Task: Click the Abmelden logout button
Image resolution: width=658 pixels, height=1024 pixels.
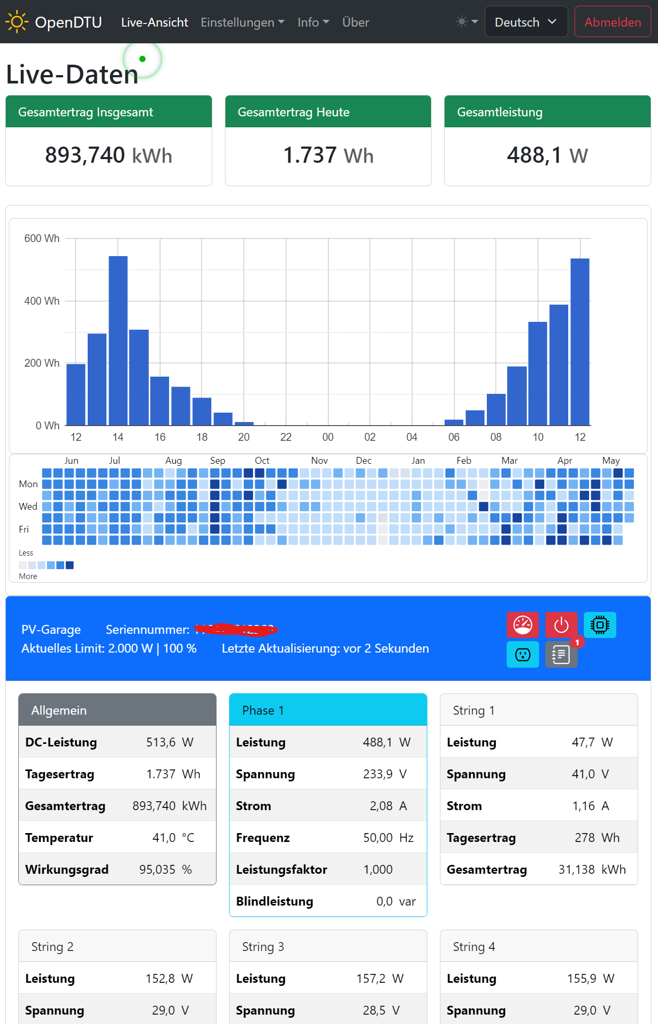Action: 612,22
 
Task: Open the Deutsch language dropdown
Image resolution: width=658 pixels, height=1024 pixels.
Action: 525,22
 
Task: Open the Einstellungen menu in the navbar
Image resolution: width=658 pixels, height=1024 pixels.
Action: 242,22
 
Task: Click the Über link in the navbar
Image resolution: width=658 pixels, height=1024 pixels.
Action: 355,22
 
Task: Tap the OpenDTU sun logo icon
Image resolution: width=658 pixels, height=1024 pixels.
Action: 16,22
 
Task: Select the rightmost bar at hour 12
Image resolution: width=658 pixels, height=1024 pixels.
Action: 580,342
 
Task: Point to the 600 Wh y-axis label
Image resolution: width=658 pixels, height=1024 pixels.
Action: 42,238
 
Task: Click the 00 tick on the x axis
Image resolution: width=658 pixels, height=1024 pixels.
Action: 328,437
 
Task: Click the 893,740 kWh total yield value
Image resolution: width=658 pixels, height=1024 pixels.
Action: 109,155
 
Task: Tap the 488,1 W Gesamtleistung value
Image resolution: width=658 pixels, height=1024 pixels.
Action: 547,155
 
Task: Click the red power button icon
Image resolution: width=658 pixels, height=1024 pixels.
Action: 561,625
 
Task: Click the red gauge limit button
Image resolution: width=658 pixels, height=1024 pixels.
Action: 522,625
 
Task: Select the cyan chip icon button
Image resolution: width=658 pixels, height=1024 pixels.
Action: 600,625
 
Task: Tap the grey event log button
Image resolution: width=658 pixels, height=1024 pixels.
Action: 561,654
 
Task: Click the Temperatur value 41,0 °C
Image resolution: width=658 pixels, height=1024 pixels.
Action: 173,838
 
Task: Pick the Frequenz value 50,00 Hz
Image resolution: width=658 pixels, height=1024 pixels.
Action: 388,838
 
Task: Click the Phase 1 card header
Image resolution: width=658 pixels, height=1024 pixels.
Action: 328,710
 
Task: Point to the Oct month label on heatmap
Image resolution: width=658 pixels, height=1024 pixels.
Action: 262,461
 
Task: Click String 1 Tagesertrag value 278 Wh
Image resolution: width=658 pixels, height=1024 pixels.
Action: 596,838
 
